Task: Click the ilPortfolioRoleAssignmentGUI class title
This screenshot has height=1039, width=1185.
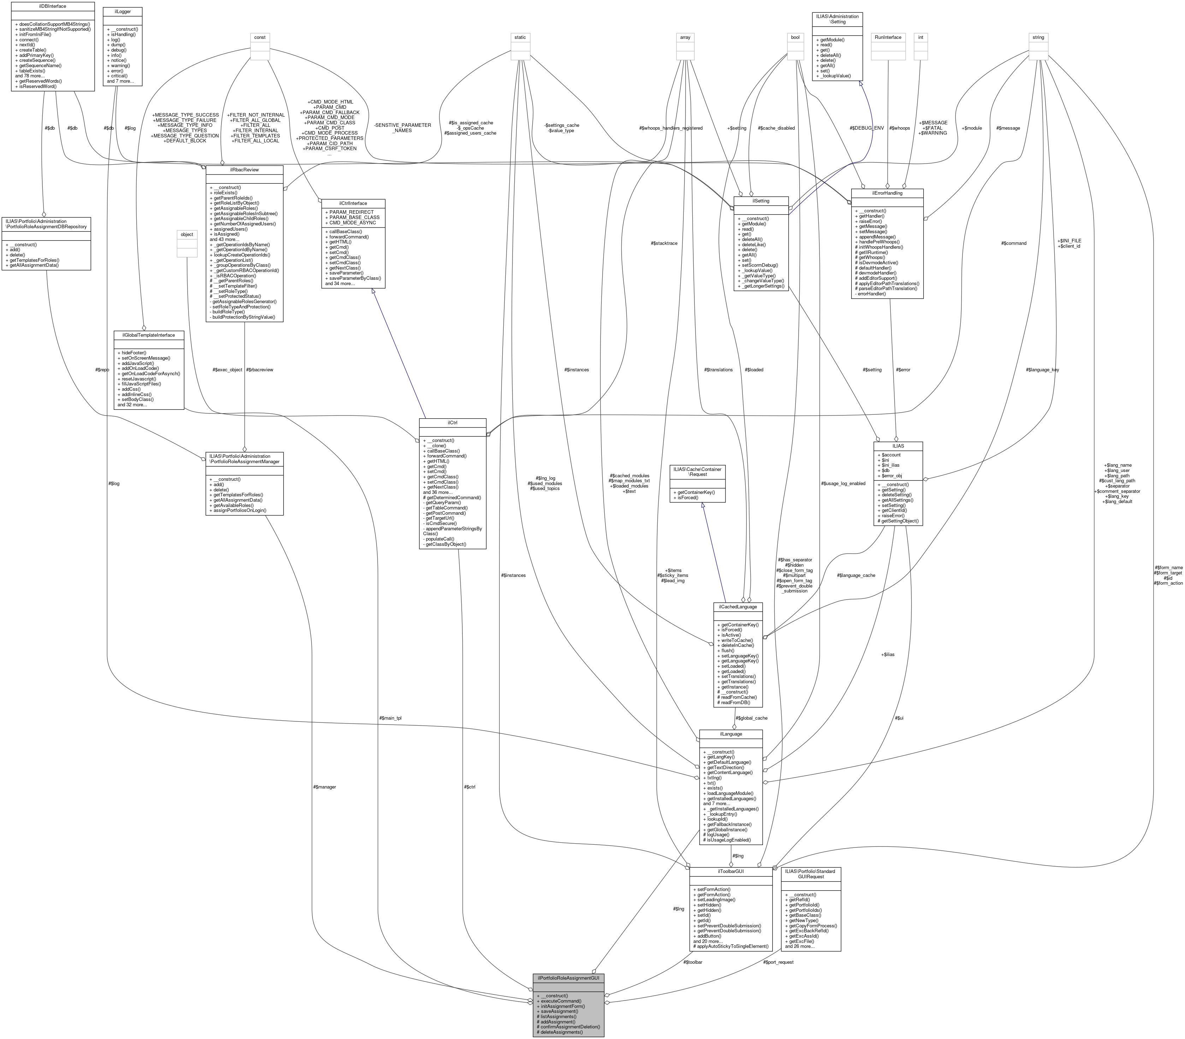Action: pyautogui.click(x=568, y=977)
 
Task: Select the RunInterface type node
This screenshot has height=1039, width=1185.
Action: pyautogui.click(x=888, y=37)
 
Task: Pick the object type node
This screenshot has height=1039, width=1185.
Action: pyautogui.click(x=187, y=234)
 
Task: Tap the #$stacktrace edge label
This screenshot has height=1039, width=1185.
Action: pyautogui.click(x=664, y=243)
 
